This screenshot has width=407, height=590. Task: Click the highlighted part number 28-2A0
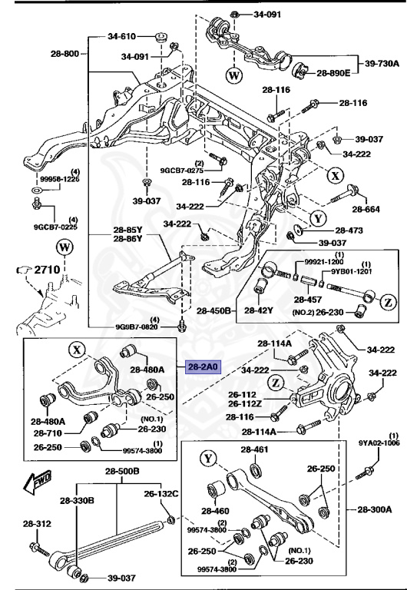coord(201,368)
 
